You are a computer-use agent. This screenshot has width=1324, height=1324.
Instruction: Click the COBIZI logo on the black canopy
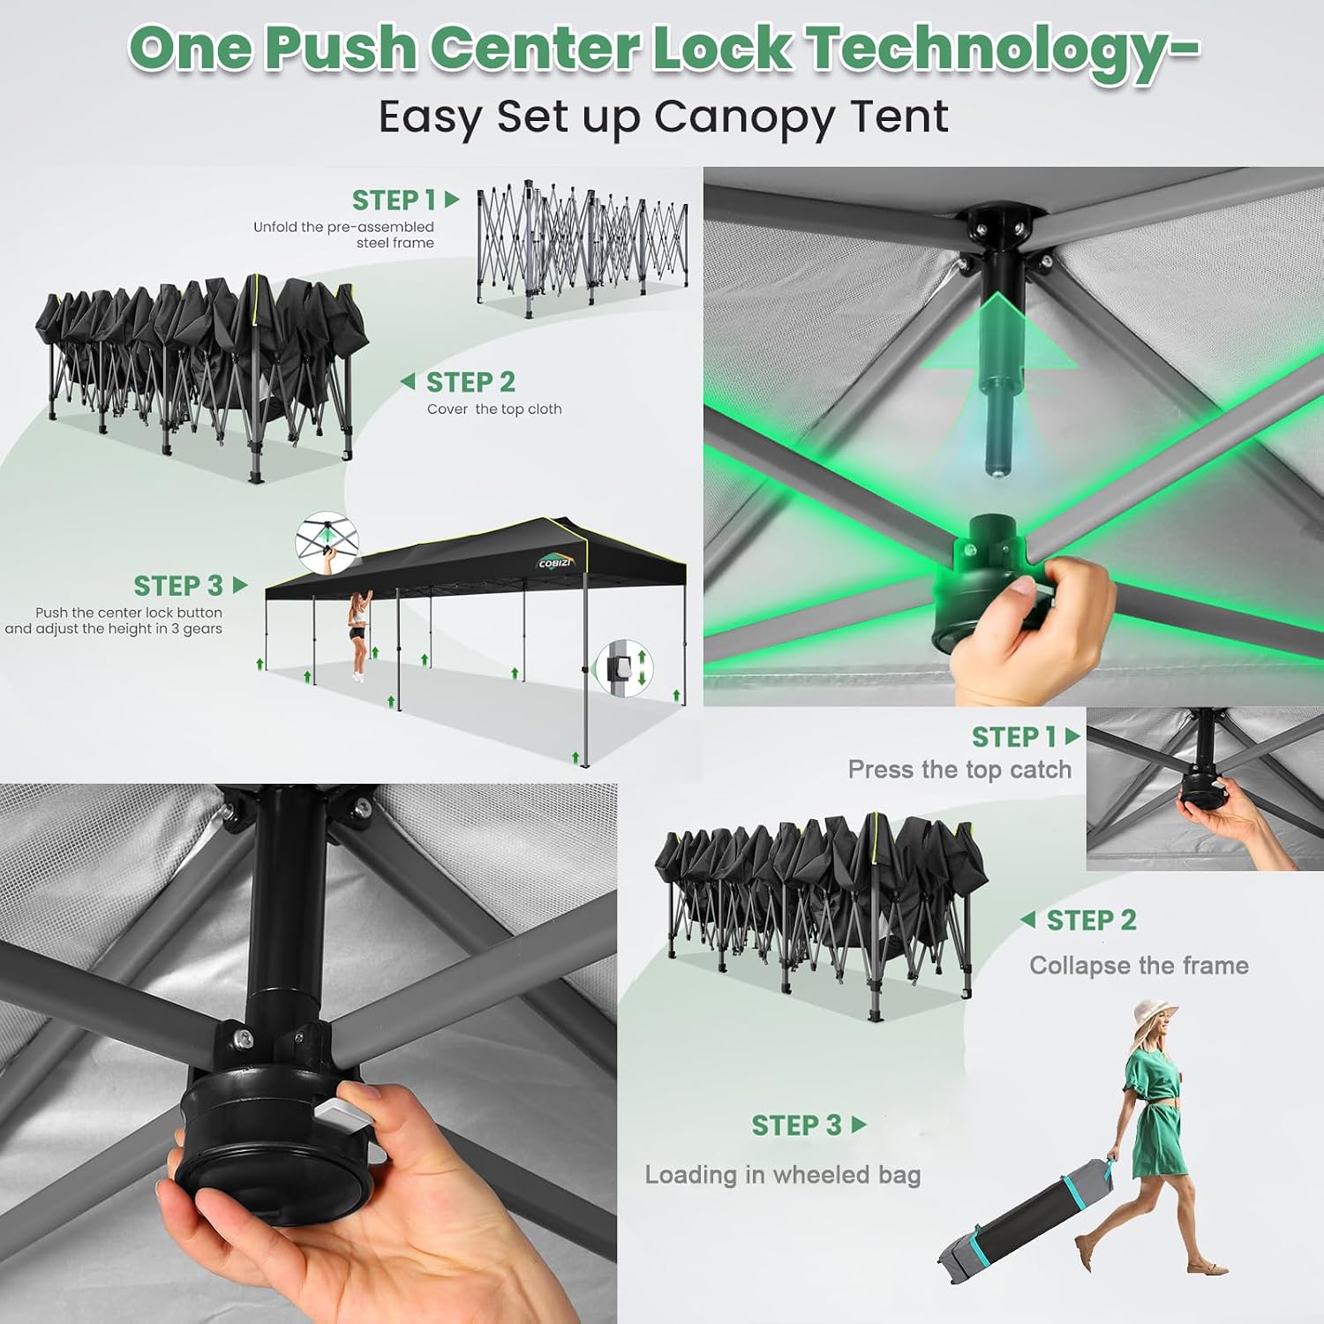(x=556, y=562)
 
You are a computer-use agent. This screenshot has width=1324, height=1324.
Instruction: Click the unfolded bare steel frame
(x=582, y=247)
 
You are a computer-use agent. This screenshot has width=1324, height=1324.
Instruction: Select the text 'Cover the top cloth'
(x=494, y=409)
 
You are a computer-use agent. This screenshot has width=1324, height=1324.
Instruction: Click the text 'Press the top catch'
(x=959, y=770)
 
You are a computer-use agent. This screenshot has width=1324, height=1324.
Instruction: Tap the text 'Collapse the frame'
(x=1139, y=965)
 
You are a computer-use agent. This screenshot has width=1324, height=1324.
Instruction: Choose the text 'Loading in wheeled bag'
(x=783, y=1175)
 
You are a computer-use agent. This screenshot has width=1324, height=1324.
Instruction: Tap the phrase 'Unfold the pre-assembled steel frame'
(x=344, y=235)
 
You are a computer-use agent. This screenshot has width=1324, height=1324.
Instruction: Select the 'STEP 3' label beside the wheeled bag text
(x=797, y=1125)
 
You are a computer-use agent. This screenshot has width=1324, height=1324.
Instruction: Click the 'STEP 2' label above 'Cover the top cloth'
(x=470, y=382)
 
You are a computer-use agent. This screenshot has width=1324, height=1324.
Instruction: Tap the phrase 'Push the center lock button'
(x=129, y=613)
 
